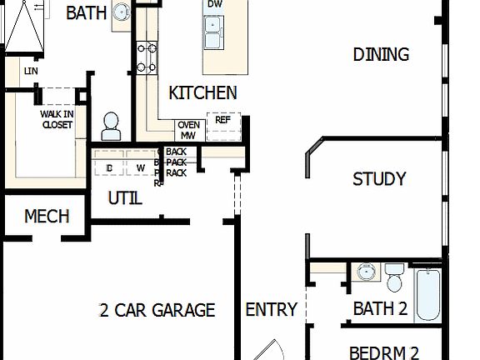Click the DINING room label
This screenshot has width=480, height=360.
tap(381, 55)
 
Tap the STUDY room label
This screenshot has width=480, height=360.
tap(379, 179)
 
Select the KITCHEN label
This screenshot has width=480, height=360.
tap(202, 93)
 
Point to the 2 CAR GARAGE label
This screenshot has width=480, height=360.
tap(157, 311)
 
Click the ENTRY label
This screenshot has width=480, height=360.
tap(271, 310)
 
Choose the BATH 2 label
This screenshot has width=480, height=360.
tap(380, 309)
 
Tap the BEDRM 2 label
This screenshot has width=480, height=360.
tap(382, 352)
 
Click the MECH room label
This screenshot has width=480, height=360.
tap(47, 217)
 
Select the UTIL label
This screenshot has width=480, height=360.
tap(125, 199)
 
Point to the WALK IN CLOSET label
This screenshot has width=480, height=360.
tap(57, 120)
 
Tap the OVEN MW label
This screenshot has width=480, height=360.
tap(188, 130)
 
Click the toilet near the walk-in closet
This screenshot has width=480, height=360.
tap(111, 127)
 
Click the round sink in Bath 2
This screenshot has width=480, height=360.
tap(365, 272)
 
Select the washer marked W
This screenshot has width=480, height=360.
tap(140, 167)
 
